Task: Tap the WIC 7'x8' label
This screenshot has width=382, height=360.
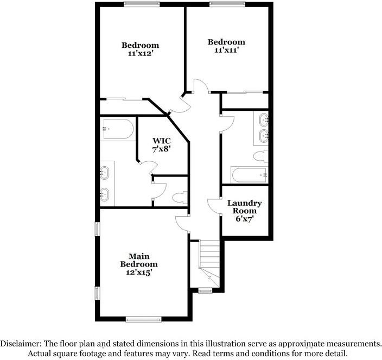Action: click(161, 145)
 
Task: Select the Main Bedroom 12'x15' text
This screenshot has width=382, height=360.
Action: click(139, 264)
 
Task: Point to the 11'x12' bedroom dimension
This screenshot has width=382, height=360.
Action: click(141, 53)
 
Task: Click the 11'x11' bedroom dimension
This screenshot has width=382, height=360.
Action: click(226, 50)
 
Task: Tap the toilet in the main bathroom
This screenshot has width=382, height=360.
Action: click(180, 198)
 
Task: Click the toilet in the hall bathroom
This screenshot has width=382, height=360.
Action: click(260, 156)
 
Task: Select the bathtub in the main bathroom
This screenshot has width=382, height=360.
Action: click(118, 129)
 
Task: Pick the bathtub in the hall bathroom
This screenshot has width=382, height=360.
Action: click(250, 175)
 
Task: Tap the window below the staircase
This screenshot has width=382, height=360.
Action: click(205, 290)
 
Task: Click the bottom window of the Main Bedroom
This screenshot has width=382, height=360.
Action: click(143, 319)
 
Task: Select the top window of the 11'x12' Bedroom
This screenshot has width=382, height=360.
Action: click(142, 4)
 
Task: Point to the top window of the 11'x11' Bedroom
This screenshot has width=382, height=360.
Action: click(227, 4)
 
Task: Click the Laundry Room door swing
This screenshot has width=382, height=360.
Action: click(214, 206)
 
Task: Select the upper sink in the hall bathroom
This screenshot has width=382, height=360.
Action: click(264, 120)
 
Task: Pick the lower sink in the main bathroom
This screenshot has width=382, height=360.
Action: click(105, 194)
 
